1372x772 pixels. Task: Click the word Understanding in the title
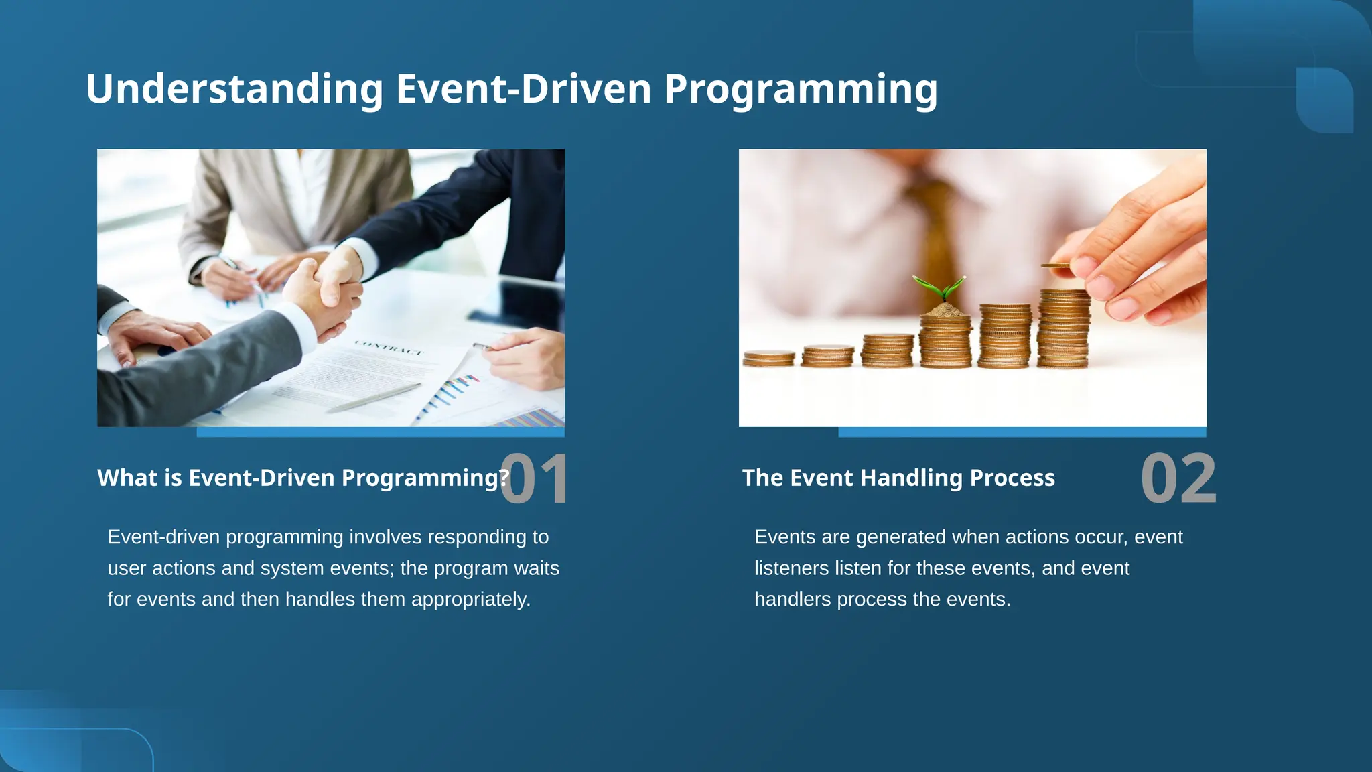(234, 89)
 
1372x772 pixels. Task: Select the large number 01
(534, 478)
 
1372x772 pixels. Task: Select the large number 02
(1178, 478)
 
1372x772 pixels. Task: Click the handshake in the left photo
(328, 288)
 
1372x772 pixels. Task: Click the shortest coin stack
(768, 358)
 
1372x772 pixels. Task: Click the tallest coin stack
(1063, 328)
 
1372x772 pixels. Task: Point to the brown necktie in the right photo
(935, 228)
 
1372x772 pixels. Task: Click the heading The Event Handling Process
(898, 478)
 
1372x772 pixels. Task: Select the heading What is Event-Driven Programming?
(303, 478)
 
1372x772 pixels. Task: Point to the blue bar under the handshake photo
(380, 432)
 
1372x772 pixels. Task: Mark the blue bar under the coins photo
(1022, 432)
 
